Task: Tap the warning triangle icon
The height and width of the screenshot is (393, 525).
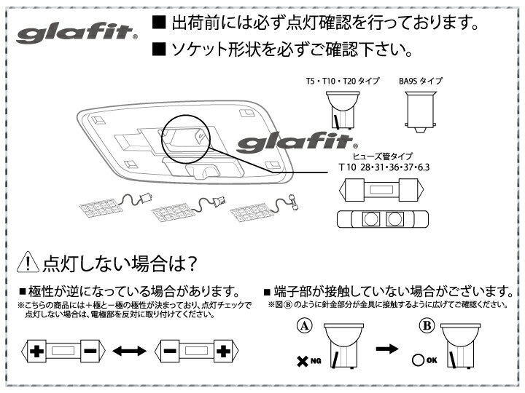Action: (26, 261)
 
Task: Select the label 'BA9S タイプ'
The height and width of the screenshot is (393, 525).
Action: (421, 82)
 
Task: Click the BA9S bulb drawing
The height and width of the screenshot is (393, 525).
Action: (421, 113)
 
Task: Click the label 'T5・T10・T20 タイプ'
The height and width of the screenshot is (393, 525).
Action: (343, 82)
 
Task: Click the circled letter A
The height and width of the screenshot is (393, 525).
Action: (304, 326)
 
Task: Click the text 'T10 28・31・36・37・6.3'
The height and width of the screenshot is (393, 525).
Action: (384, 167)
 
